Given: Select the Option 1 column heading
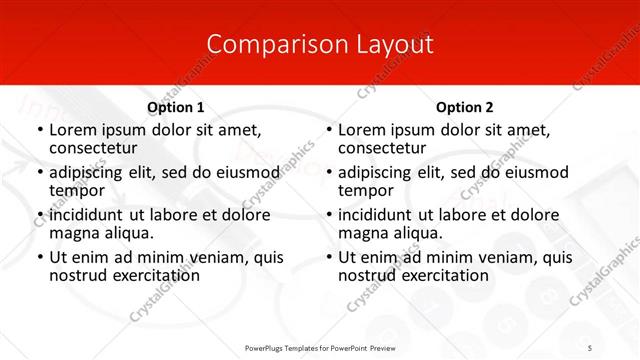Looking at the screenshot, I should pos(176,107).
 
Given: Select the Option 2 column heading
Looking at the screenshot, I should pos(464,107).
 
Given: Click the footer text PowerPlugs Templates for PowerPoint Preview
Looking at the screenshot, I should pos(320,346).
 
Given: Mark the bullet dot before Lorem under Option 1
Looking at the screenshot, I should pos(39,130).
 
